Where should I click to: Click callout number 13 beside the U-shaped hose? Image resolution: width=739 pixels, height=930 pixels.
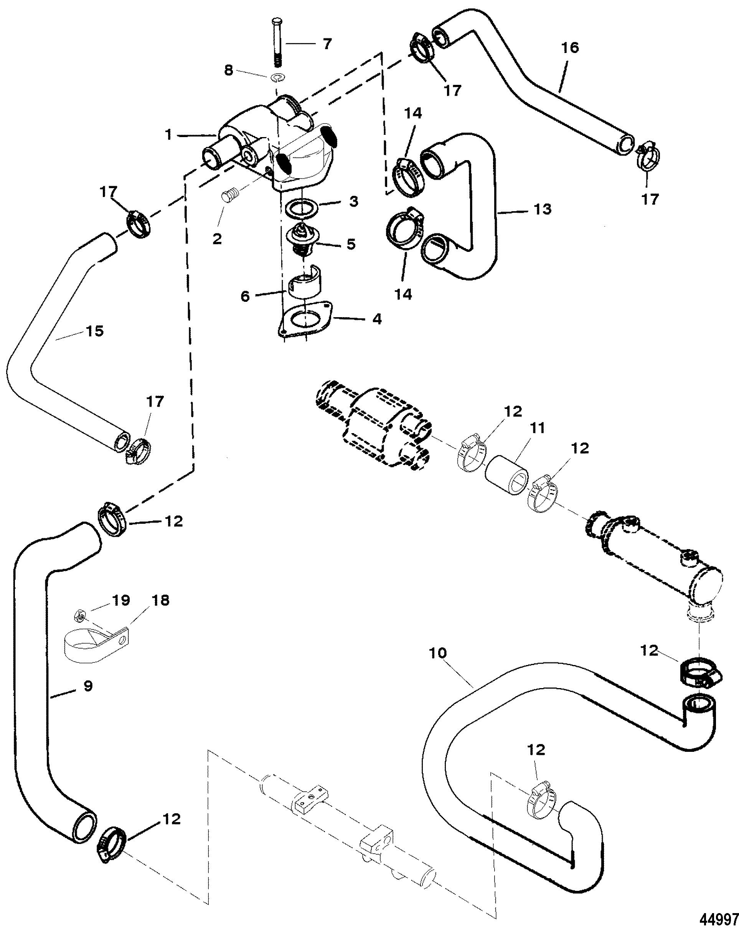543,209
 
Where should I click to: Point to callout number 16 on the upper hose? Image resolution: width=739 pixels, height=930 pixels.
570,48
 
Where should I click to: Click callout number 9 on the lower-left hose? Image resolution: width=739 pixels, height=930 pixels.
88,686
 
